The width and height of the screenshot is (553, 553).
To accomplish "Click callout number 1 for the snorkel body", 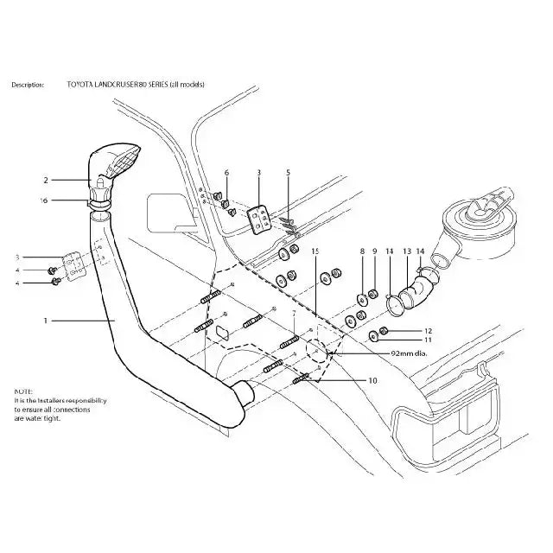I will click(x=45, y=321).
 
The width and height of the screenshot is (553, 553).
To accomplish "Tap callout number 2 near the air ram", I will click(x=45, y=181).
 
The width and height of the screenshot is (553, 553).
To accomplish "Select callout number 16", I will click(x=45, y=200).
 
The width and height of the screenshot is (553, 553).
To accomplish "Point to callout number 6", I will click(x=226, y=173).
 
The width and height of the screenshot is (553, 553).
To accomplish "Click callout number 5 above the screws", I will click(x=288, y=173).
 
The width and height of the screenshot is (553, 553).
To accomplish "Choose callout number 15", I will click(x=315, y=251).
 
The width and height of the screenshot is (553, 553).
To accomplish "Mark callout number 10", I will click(x=372, y=380).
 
